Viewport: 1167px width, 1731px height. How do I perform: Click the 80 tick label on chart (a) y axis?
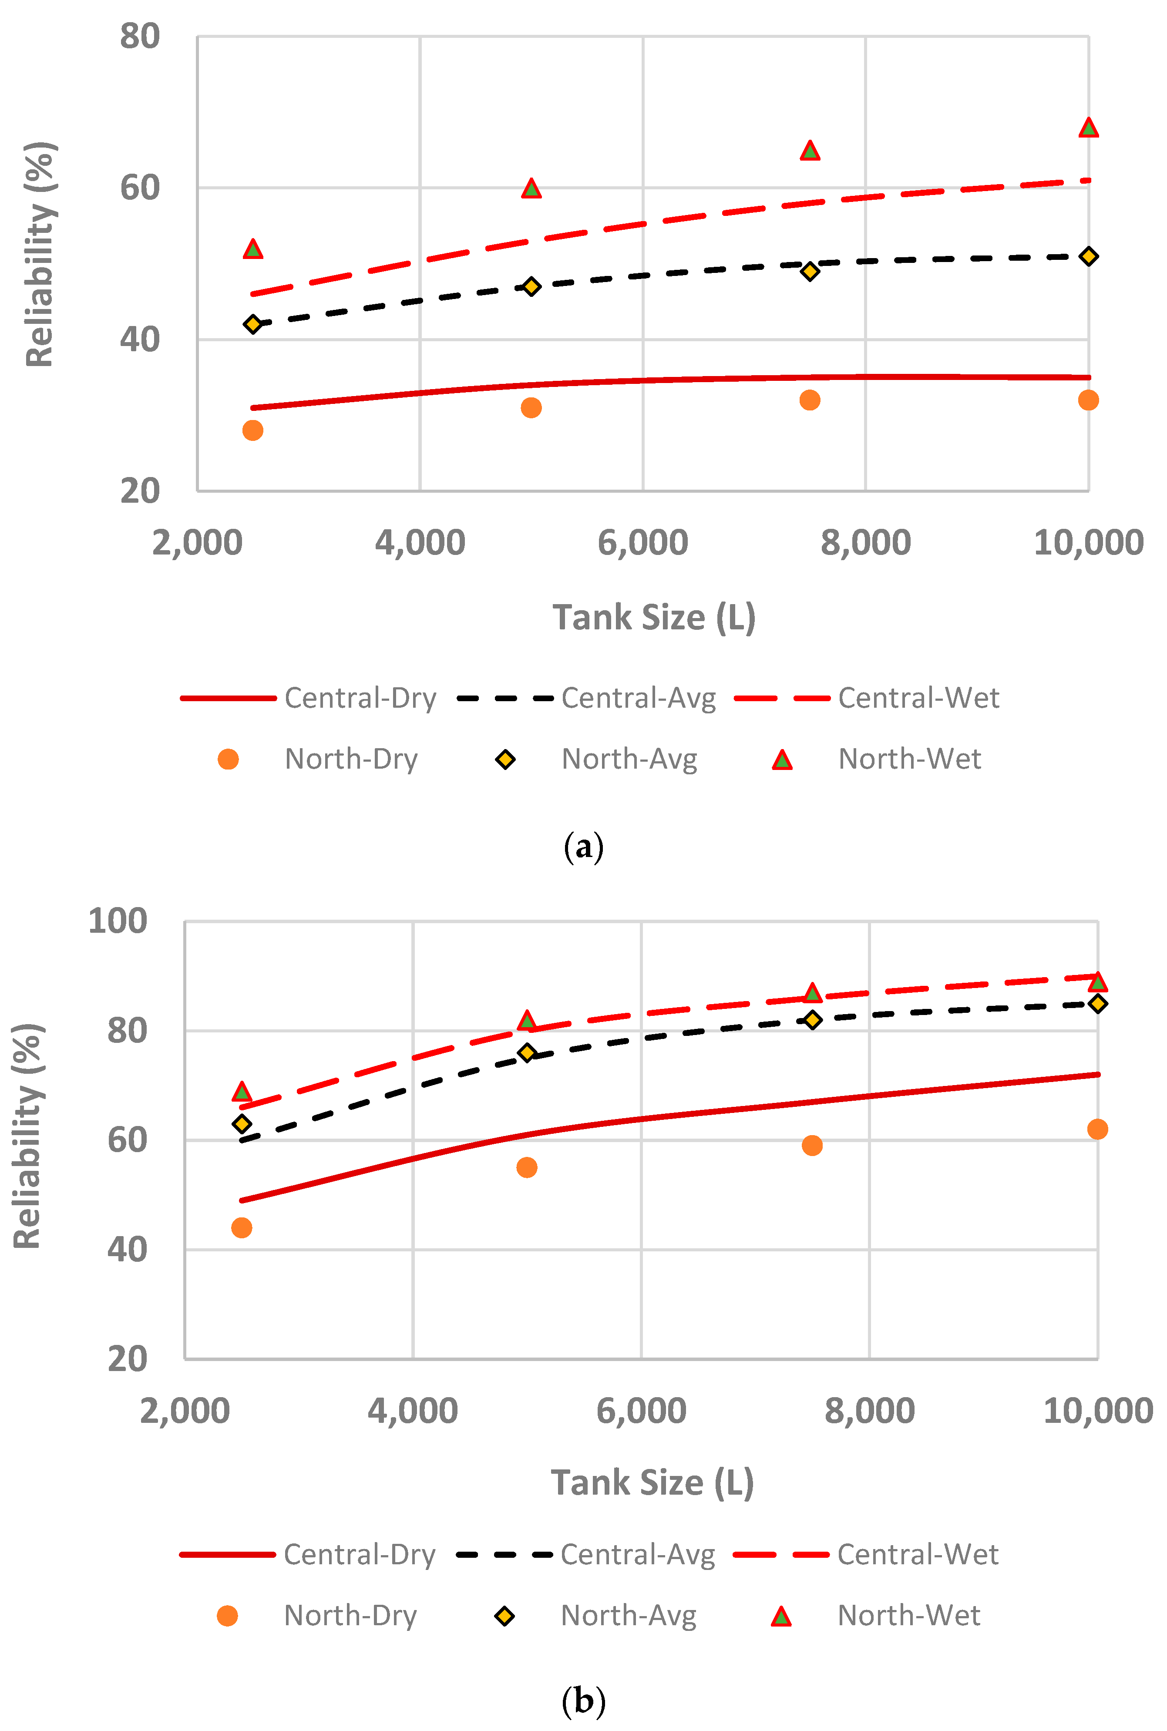(x=140, y=37)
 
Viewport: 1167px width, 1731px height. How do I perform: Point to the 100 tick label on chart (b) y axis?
(x=118, y=921)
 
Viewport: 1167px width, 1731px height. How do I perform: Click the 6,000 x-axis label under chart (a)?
(x=642, y=542)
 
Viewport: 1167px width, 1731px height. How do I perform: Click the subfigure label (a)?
(x=583, y=847)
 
